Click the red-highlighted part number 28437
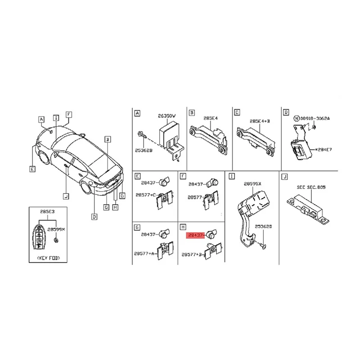[x=195, y=235]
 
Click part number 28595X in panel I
[x=252, y=184]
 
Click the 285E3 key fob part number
[x=45, y=211]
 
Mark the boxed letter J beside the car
[x=65, y=196]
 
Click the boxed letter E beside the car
[x=32, y=169]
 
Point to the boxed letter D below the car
[x=94, y=217]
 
